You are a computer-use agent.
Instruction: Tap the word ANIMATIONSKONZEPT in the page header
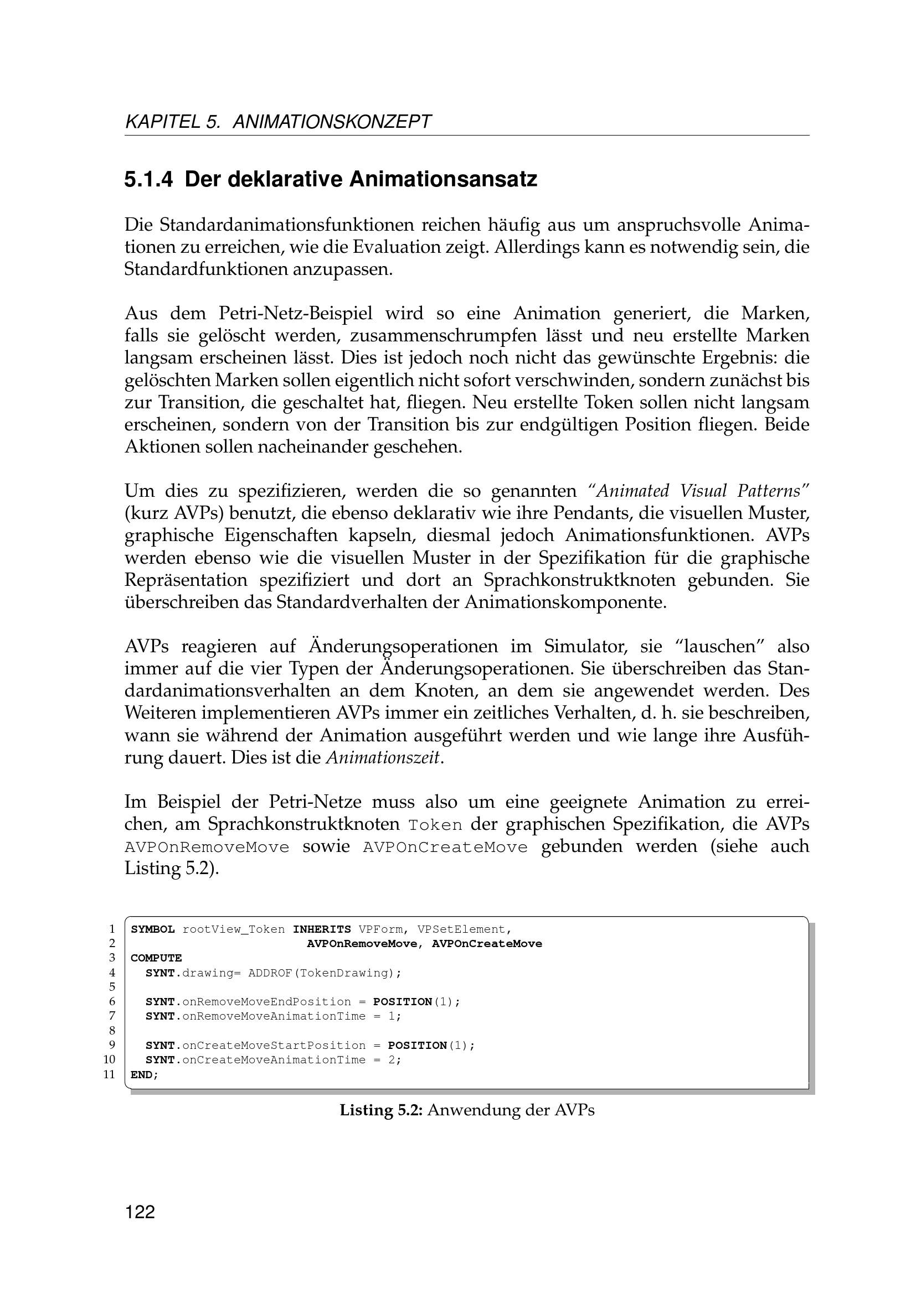tap(332, 122)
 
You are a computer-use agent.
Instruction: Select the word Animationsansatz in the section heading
tap(443, 180)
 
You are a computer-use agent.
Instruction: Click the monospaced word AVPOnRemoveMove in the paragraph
tap(207, 847)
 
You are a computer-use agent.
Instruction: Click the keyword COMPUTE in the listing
tap(156, 958)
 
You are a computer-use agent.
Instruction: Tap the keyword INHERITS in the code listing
tap(322, 929)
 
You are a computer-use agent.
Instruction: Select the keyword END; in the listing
tap(145, 1075)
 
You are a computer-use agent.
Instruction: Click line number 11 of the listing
tap(110, 1075)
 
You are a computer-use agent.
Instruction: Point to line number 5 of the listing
tap(112, 987)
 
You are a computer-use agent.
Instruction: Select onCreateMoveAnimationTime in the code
tap(274, 1060)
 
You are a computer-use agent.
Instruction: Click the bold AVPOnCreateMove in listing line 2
tap(487, 944)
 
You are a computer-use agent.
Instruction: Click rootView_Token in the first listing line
tap(234, 929)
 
